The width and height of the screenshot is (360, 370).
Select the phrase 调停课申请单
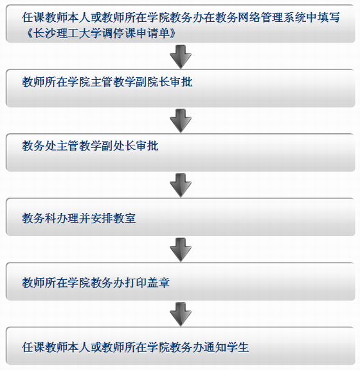(136, 33)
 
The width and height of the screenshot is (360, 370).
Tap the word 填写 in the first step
(328, 17)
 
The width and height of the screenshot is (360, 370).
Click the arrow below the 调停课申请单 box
(181, 57)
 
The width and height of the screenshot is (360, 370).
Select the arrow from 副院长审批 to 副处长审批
(181, 121)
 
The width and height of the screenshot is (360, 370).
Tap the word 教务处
(39, 146)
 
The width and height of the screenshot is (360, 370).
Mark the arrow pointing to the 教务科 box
(181, 185)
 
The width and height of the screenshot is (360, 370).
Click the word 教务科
(39, 218)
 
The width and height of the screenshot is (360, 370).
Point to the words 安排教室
(113, 218)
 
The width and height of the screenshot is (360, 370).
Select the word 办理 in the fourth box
(67, 218)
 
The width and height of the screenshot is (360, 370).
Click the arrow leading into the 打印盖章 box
(181, 250)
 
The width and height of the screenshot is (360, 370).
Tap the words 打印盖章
(147, 282)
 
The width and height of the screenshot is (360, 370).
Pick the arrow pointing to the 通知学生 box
(181, 314)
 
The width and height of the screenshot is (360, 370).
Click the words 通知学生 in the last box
(226, 347)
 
